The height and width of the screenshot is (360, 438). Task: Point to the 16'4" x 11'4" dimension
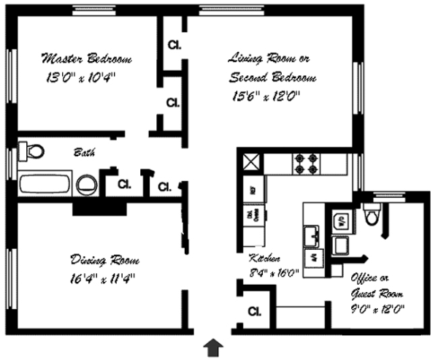coord(103,277)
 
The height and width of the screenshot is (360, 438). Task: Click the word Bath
coord(82,153)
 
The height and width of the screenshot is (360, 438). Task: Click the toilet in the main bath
coord(33,151)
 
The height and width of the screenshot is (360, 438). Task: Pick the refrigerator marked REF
coord(252,191)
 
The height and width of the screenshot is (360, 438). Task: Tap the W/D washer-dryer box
coord(340,219)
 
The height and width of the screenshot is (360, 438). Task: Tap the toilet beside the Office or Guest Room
coord(371,214)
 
